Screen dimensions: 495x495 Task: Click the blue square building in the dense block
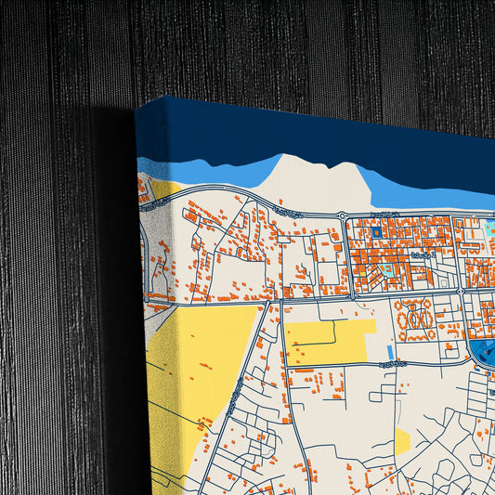coord(377,232)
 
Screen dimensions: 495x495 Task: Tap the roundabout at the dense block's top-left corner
coord(342,217)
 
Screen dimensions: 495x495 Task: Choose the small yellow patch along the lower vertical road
coord(402,440)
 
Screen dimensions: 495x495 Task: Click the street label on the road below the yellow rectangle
coord(391,365)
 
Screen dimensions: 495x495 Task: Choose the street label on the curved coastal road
coord(288,213)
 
